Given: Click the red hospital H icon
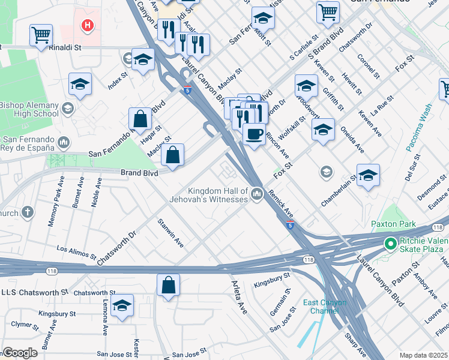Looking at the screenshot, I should [x=88, y=26].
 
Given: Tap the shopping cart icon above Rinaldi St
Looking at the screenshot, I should [x=41, y=35].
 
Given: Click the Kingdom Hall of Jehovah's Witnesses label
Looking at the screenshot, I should [x=218, y=194].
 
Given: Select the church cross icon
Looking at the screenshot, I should [x=28, y=212].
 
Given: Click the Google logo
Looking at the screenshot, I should [x=19, y=353].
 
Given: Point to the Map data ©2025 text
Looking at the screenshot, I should [x=423, y=355].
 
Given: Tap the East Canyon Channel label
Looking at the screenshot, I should [x=325, y=306].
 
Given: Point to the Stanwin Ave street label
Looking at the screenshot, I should [x=170, y=235].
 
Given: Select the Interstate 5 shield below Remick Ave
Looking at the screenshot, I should [x=291, y=224].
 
